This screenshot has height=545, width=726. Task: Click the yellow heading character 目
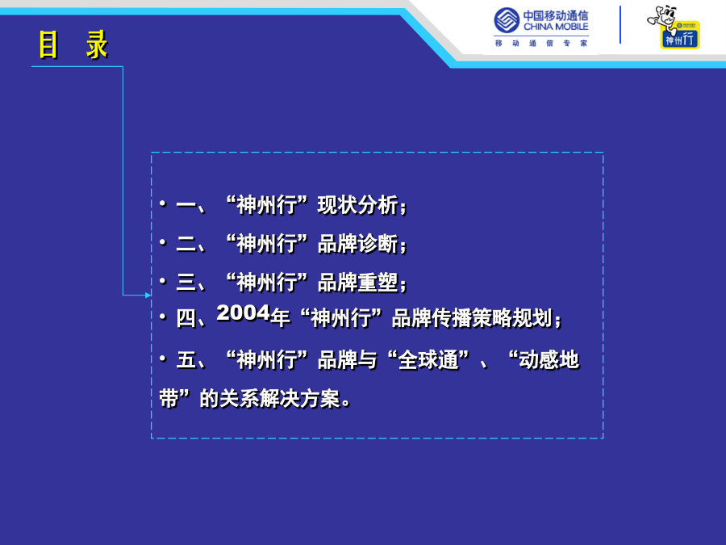point(48,45)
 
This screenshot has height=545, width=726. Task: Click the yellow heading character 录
point(97,45)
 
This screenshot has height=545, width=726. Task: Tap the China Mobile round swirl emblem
point(507,20)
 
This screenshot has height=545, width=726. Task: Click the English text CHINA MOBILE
point(556,27)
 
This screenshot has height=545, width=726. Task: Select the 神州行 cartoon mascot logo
point(674,27)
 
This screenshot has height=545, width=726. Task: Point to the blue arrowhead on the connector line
point(148,296)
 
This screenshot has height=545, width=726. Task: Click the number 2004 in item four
point(243,312)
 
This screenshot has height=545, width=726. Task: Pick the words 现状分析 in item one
point(357,205)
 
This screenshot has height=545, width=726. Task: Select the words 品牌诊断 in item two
point(357,244)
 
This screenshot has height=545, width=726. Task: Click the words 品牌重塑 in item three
point(357,283)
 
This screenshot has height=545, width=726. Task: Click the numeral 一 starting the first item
point(186,205)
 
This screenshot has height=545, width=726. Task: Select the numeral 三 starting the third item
point(186,283)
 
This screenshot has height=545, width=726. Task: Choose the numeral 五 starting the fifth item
point(186,360)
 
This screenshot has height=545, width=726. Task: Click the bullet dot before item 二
point(162,242)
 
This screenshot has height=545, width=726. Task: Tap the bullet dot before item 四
point(162,317)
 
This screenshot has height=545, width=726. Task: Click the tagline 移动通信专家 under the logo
point(541,43)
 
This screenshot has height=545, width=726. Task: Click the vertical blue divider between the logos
point(620,24)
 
